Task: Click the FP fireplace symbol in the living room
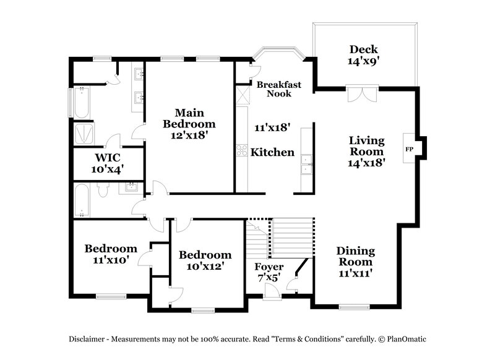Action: (409, 149)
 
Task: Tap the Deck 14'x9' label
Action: (363, 55)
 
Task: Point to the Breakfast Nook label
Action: (278, 89)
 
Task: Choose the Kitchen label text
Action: (272, 152)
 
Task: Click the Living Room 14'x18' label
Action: (366, 152)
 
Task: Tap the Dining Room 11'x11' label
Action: (355, 261)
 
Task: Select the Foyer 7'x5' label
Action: (270, 272)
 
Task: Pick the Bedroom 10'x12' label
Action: (205, 260)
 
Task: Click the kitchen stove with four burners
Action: (241, 150)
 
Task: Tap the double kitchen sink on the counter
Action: (306, 164)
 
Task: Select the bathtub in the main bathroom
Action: (80, 103)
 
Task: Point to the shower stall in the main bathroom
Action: (84, 134)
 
